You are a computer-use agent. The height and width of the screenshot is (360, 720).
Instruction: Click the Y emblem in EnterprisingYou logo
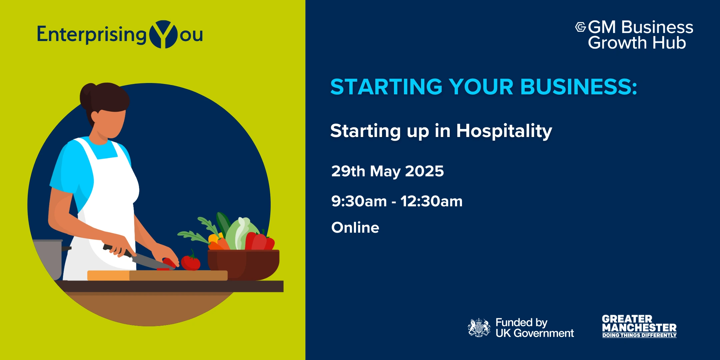coord(163,34)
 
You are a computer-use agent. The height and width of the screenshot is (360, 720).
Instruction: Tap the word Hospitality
coord(504,131)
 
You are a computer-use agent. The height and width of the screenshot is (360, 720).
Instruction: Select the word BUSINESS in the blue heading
coord(579,87)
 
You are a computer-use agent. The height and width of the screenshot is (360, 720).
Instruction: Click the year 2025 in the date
coord(424,171)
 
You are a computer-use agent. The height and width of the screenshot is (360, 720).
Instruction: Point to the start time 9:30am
coord(359,201)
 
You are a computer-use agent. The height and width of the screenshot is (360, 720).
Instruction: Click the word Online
coord(355,228)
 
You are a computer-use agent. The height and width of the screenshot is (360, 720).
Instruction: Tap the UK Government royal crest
coord(479,327)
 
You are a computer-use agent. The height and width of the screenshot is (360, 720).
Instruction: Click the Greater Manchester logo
coord(639,326)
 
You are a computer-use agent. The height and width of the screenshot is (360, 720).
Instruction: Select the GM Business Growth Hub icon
coord(580,27)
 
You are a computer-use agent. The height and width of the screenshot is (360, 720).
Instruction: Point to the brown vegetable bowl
coord(243,264)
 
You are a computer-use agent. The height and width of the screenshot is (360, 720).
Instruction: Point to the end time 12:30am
coord(431,201)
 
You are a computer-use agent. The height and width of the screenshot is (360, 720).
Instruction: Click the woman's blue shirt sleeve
coord(72,168)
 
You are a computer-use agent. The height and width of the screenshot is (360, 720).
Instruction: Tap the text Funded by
coord(521,323)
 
